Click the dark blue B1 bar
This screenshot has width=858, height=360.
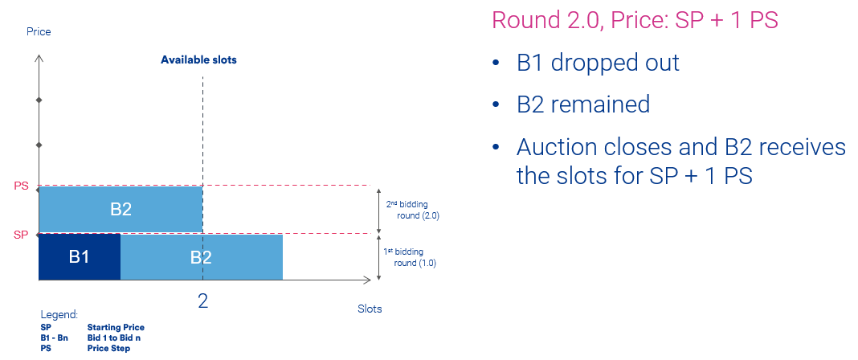click(80, 257)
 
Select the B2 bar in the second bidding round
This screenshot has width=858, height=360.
click(121, 210)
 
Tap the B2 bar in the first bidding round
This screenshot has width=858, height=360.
click(202, 257)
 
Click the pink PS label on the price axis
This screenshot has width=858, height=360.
click(20, 186)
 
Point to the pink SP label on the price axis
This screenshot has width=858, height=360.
click(20, 235)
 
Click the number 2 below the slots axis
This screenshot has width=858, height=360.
click(203, 301)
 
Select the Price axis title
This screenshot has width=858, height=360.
click(39, 31)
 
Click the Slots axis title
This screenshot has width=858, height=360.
click(370, 309)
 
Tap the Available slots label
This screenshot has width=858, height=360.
click(198, 60)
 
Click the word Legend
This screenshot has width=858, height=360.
click(59, 315)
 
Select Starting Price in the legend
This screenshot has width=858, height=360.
click(116, 327)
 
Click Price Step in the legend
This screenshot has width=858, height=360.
click(109, 349)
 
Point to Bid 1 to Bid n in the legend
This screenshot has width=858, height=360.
click(116, 337)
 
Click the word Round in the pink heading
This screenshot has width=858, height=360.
click(526, 20)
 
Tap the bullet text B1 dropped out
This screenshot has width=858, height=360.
click(598, 63)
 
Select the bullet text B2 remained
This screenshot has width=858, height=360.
click(583, 104)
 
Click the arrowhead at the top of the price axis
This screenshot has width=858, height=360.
click(39, 57)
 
